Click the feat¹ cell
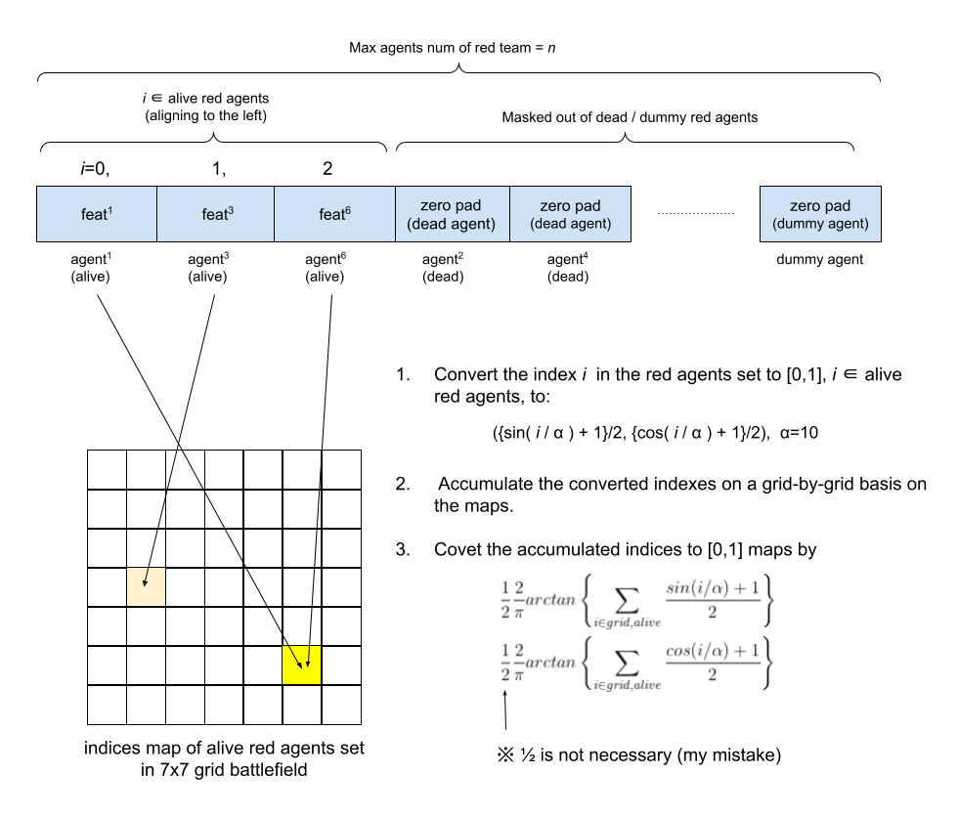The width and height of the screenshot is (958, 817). pyautogui.click(x=97, y=214)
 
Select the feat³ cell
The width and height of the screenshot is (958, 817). pyautogui.click(x=215, y=214)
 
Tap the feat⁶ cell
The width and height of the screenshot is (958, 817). pyautogui.click(x=334, y=214)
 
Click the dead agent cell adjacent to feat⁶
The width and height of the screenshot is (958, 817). pyautogui.click(x=452, y=214)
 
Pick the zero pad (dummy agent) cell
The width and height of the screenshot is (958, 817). pyautogui.click(x=820, y=214)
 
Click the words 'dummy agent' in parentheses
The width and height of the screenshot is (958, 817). pyautogui.click(x=820, y=225)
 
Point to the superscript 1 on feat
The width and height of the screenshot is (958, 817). pyautogui.click(x=109, y=209)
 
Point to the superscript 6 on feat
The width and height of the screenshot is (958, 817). pyautogui.click(x=348, y=209)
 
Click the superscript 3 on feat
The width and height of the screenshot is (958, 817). pyautogui.click(x=231, y=209)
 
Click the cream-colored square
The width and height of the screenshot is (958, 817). pyautogui.click(x=146, y=586)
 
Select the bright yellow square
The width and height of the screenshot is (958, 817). pyautogui.click(x=301, y=665)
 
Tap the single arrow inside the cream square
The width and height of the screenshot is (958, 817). pyautogui.click(x=146, y=578)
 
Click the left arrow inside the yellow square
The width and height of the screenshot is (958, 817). pyautogui.click(x=294, y=658)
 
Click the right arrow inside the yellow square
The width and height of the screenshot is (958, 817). pyautogui.click(x=308, y=658)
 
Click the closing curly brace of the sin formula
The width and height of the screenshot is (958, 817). pyautogui.click(x=769, y=600)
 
